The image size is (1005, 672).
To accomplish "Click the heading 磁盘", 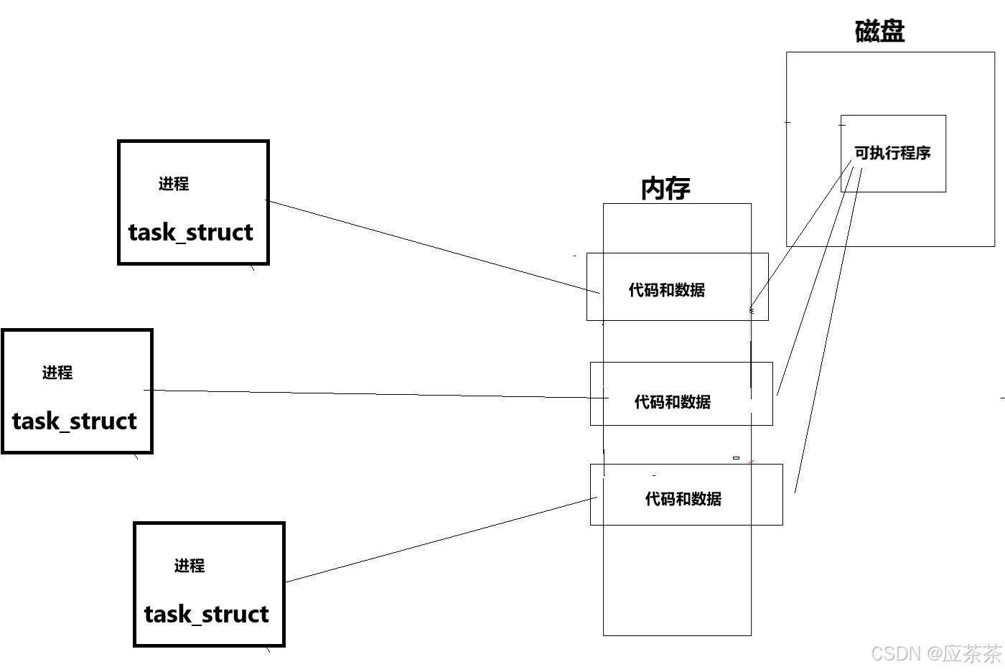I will click(x=879, y=32).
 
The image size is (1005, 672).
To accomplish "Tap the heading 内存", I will click(x=665, y=188).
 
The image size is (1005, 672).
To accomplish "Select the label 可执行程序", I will click(x=892, y=153).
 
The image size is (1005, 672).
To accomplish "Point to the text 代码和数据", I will click(x=685, y=499).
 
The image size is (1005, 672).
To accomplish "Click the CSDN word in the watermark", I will click(x=895, y=653).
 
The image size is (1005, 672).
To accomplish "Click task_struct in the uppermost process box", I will click(x=191, y=233).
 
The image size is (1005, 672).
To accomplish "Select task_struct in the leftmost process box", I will click(x=75, y=421).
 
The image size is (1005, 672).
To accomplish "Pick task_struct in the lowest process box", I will click(x=207, y=615).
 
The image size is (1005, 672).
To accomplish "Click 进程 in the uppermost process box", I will click(x=174, y=185).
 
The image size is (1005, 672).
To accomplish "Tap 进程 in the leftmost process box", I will click(x=57, y=373).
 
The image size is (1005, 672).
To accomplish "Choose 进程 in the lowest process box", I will click(x=190, y=566).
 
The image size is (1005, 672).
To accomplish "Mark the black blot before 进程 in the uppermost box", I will click(x=148, y=184).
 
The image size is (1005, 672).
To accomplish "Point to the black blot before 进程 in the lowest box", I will click(x=164, y=566).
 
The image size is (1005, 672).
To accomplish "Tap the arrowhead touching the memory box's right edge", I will click(x=750, y=311).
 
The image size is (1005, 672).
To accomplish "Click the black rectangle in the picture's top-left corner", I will click(x=65, y=26).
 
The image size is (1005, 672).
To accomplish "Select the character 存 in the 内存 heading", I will click(x=678, y=188).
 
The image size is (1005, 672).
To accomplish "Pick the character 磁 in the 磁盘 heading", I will click(x=867, y=32).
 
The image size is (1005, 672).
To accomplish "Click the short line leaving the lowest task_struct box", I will click(x=297, y=579).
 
